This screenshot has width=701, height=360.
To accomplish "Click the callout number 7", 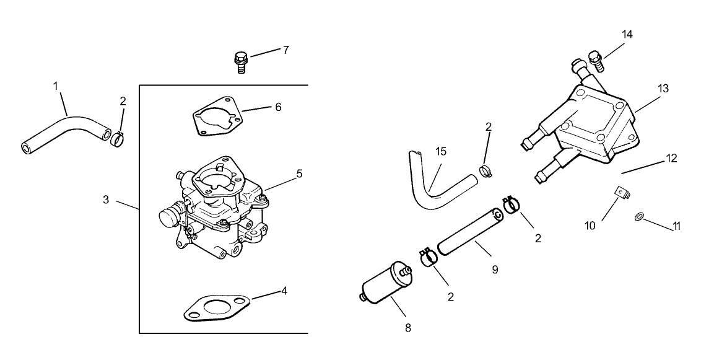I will click(x=285, y=50).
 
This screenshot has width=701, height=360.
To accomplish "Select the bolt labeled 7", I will click(x=240, y=63).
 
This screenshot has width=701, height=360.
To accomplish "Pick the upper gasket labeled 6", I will click(x=216, y=115).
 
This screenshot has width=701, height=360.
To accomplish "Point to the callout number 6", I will click(x=278, y=107).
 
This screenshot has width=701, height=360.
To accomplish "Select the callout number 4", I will click(x=284, y=290).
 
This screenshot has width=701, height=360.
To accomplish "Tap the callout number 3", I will click(x=106, y=200).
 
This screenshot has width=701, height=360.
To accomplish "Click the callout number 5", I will click(x=299, y=174).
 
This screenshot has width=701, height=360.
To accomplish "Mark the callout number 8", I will click(x=407, y=327).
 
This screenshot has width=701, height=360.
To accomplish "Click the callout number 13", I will click(x=663, y=89).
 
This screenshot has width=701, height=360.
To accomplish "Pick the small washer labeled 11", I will click(x=638, y=216).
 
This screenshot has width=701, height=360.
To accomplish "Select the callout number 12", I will click(x=671, y=159).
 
